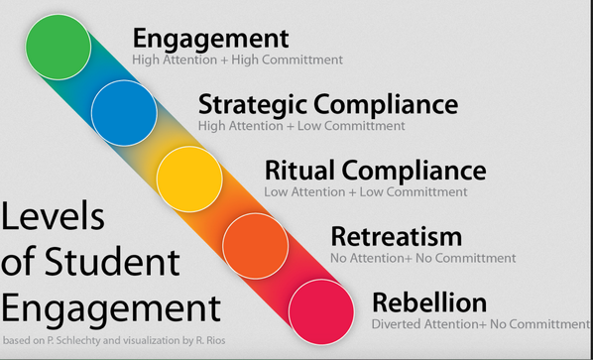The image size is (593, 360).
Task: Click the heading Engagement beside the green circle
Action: coord(210,39)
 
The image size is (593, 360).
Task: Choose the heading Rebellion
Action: coord(428,301)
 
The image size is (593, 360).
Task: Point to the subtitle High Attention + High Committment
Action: coord(237,60)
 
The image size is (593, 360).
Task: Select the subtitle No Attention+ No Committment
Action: coord(422,258)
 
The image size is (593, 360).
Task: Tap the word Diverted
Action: coord(397,323)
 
